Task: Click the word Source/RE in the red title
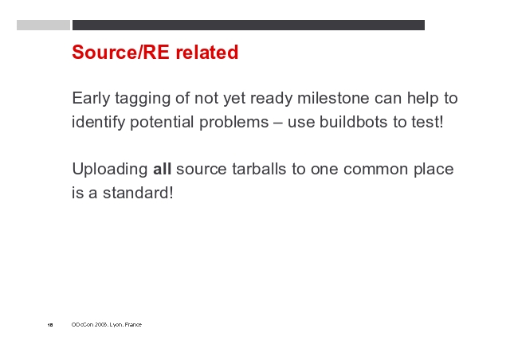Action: pyautogui.click(x=120, y=52)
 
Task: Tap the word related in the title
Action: pyautogui.click(x=207, y=52)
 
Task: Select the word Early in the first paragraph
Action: pyautogui.click(x=91, y=99)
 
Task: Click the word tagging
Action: pyautogui.click(x=143, y=99)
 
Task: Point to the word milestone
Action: pyautogui.click(x=333, y=98)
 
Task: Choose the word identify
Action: pyautogui.click(x=98, y=123)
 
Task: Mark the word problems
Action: pyautogui.click(x=233, y=123)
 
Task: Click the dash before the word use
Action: pyautogui.click(x=278, y=123)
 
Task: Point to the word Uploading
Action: pyautogui.click(x=110, y=170)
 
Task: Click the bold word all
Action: pyautogui.click(x=162, y=169)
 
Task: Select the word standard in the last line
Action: pyautogui.click(x=138, y=193)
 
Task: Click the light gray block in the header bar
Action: pyautogui.click(x=43, y=25)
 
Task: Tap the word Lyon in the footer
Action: pyautogui.click(x=116, y=324)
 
